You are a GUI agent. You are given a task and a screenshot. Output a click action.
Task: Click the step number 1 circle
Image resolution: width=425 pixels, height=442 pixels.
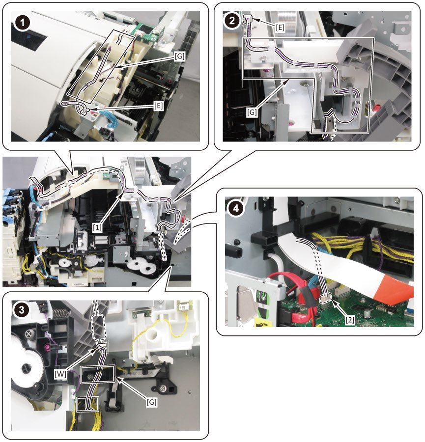[22, 23]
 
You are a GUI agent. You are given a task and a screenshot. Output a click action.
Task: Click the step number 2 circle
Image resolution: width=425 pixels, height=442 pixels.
[232, 21]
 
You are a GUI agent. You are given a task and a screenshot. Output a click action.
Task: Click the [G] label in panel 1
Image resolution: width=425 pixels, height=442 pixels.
[180, 56]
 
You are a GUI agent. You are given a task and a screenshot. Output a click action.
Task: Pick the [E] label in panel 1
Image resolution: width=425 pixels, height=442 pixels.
[159, 106]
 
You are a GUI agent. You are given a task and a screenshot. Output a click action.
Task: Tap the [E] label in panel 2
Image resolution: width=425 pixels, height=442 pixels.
[280, 28]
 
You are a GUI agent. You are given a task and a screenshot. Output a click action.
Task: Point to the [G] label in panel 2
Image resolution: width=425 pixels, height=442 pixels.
[252, 112]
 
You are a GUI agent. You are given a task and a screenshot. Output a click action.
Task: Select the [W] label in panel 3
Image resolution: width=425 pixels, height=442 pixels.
[60, 374]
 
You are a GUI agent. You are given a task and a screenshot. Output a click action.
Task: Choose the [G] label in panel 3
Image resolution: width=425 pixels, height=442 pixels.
[151, 402]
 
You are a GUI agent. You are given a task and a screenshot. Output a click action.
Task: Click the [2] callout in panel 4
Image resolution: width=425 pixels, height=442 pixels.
[350, 320]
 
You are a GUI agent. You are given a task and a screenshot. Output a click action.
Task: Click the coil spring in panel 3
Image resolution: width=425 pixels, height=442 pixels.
[62, 313]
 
